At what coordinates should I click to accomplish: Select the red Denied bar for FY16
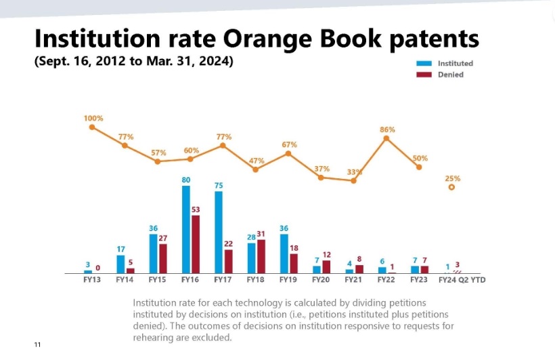196,244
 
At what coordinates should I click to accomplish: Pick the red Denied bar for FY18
261,256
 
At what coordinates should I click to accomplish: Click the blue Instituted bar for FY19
284,253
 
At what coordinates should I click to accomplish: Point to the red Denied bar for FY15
163,258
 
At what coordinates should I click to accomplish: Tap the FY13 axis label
91,279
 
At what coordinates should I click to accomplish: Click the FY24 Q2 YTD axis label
462,279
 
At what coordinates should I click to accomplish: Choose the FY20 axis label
321,279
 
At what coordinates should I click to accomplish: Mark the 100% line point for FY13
92,126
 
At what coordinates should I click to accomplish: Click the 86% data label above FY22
387,129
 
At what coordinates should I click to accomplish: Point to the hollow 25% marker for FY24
451,187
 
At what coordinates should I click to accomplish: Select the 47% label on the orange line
257,161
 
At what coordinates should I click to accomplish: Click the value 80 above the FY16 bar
186,180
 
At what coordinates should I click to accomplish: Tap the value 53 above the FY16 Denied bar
196,209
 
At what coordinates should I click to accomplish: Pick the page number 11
38,345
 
